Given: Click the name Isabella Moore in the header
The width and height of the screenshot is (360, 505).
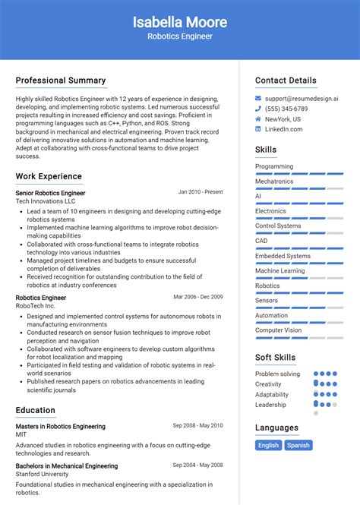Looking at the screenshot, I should click(179, 21).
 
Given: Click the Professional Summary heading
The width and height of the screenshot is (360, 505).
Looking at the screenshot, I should click(61, 80).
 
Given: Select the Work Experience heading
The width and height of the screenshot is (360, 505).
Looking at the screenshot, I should click(49, 176).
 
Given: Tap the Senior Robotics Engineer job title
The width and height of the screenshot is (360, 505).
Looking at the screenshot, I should click(50, 193).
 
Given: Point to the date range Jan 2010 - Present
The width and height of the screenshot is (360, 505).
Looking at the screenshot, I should click(201, 192).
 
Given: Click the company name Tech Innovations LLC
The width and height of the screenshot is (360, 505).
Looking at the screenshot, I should click(46, 201).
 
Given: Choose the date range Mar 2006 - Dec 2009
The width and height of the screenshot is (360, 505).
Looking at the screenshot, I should click(197, 297).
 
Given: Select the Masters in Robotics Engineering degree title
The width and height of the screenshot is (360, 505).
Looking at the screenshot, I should click(61, 426).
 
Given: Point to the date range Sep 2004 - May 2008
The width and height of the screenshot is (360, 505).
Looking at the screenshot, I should click(197, 465).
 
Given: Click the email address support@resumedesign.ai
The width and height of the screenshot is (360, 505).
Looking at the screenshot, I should click(302, 99).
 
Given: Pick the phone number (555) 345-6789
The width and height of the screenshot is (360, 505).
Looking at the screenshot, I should click(287, 109).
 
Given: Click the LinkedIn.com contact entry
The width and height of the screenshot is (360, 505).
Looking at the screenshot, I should click(284, 129).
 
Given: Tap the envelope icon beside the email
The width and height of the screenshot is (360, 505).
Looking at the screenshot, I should click(258, 99).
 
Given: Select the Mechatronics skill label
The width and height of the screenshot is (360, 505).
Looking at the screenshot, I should click(274, 181).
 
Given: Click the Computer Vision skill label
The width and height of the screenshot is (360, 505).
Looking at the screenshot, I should click(278, 330).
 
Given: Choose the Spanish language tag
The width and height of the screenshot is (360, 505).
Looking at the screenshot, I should click(298, 445).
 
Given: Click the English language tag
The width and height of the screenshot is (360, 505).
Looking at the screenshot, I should click(268, 445).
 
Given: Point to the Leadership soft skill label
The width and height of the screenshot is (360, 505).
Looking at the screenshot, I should click(271, 405).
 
